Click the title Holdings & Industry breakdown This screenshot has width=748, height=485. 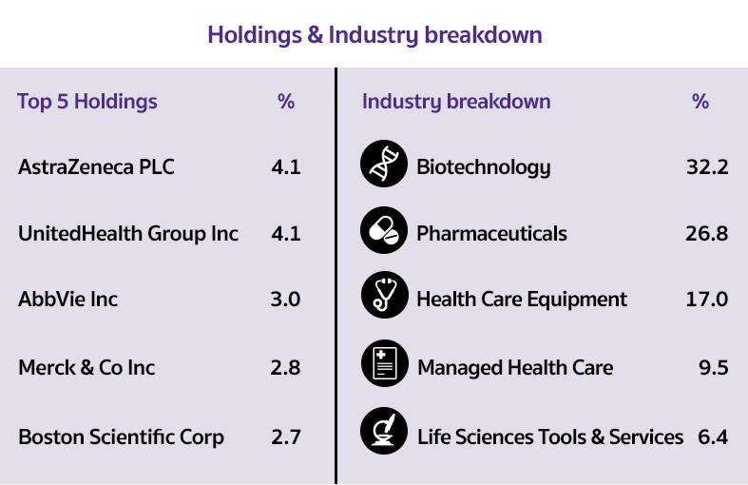coord(374,35)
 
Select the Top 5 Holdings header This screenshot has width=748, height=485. coord(87,102)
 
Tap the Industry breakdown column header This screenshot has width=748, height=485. coord(456,102)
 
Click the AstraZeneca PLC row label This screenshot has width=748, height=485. coord(96,167)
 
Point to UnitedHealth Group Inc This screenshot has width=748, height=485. coord(128,234)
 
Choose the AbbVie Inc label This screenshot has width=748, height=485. coord(67,300)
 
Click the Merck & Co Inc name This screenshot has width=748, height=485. coord(86,368)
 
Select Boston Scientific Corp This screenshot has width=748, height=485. coord(121,437)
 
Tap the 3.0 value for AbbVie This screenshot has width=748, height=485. coord(285,300)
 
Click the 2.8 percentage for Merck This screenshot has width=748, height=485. coord(285,368)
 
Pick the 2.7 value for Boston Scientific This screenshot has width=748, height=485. coord(286,437)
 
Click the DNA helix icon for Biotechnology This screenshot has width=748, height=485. coord(384,164)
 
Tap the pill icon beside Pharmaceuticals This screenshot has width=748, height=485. coord(384,230)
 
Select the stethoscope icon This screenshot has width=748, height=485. coord(385,295)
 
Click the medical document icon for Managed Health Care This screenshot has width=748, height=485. coord(385,363)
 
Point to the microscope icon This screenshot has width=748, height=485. coord(384,431)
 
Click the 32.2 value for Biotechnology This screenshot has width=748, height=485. coord(707,167)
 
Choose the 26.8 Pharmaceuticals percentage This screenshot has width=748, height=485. coord(707,234)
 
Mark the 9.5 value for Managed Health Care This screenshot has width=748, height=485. coord(714,368)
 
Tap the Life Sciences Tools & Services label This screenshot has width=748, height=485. coord(550,437)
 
